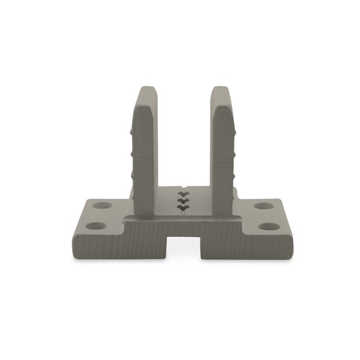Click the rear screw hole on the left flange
pyautogui.click(x=101, y=207)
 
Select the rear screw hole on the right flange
pyautogui.click(x=263, y=207)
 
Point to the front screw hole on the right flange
pyautogui.click(x=268, y=225)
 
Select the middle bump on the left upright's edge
pyautogui.click(x=133, y=153)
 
